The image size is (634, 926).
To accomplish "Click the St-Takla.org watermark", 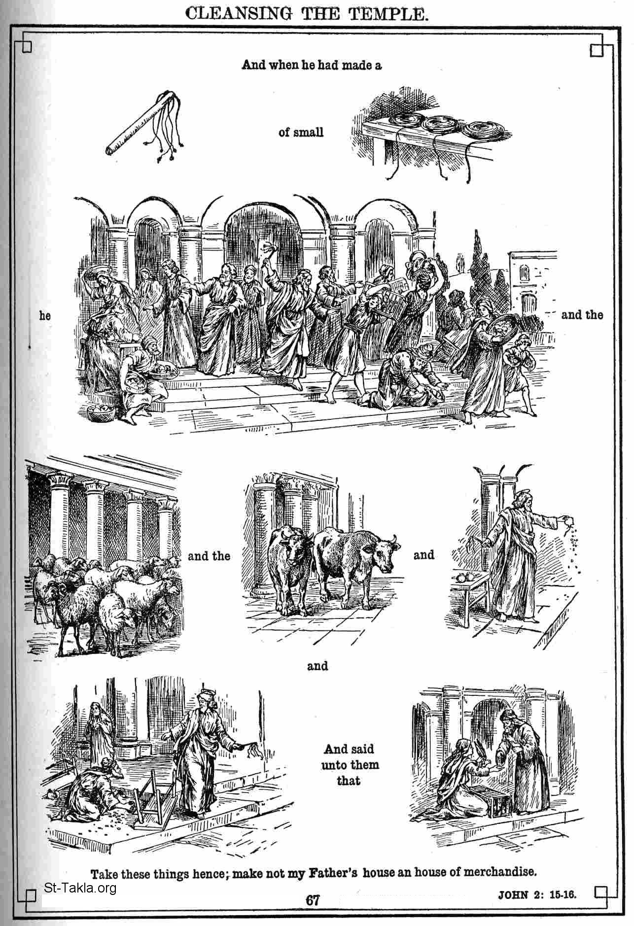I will pos(80,888).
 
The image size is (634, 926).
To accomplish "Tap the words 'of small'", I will pos(301,132).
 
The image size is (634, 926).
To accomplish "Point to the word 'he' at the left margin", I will pos(45,315).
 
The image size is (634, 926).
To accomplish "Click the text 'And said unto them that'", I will pos(350,764).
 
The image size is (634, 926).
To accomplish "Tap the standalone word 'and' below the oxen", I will pos(317,666).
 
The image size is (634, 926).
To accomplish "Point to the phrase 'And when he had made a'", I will pos(312,65).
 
